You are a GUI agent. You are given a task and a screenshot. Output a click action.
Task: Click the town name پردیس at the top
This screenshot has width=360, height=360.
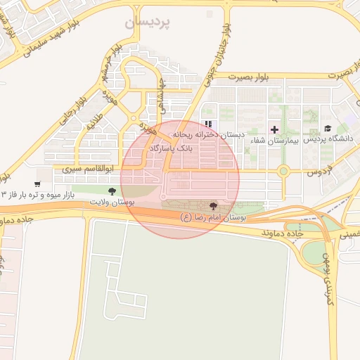tap(148, 22)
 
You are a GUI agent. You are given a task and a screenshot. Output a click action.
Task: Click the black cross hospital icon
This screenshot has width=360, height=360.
tap(274, 129)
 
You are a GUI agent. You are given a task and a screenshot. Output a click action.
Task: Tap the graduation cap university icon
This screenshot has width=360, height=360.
tap(328, 128)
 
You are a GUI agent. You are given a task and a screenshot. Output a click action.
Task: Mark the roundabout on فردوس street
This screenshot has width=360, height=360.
tap(283, 170)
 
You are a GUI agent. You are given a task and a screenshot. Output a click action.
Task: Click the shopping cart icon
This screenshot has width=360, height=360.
tap(37, 184)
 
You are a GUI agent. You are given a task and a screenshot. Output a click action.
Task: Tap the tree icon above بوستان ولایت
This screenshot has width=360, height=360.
tap(112, 191)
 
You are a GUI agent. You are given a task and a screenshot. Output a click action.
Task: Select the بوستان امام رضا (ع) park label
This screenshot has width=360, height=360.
tap(214, 219)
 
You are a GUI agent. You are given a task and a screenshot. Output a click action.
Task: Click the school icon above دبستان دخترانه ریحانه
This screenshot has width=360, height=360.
tap(207, 124)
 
